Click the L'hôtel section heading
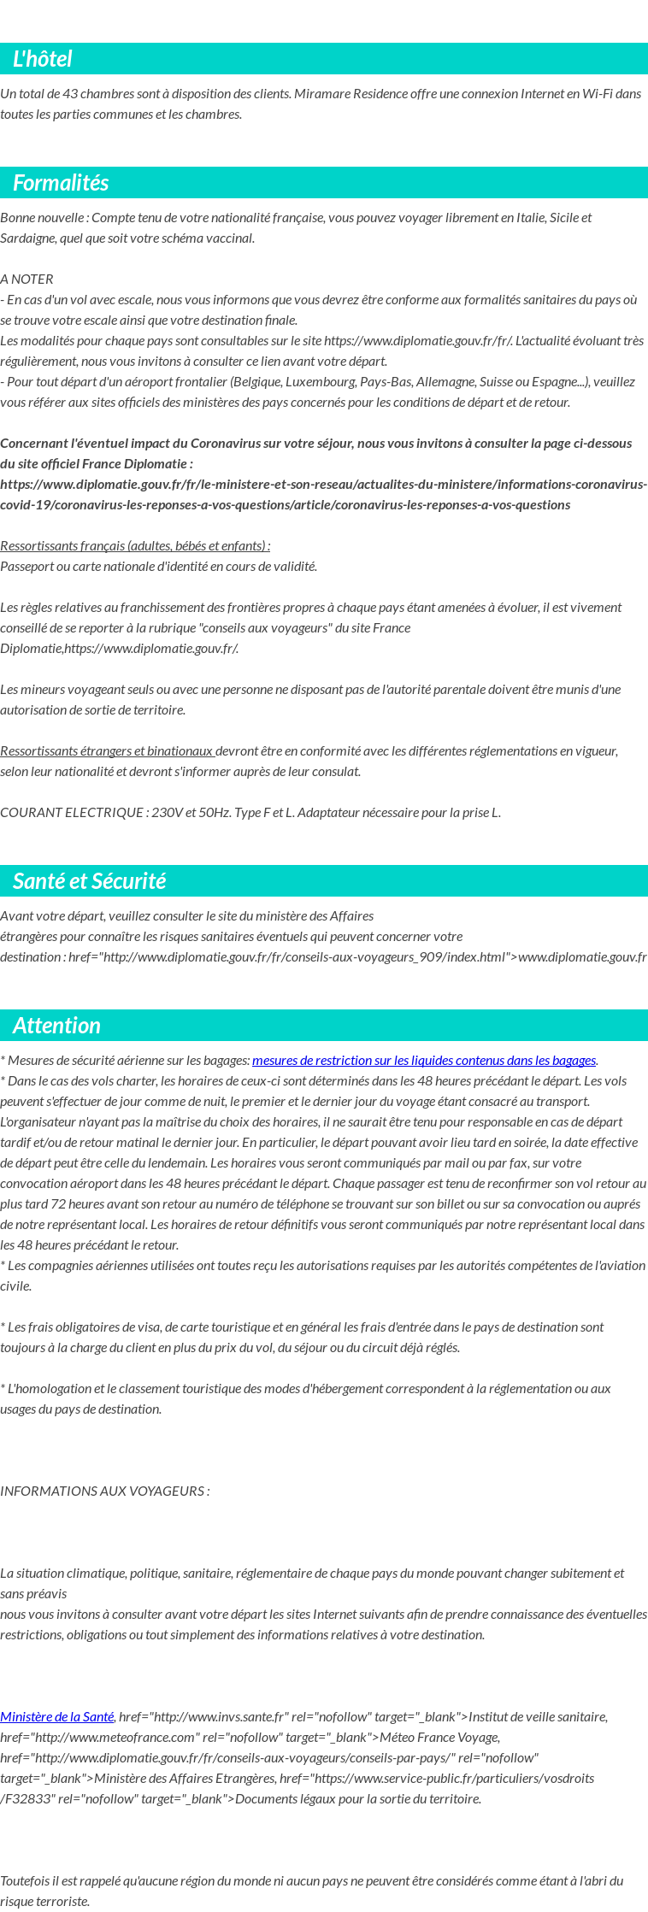(43, 59)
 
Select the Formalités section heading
(61, 183)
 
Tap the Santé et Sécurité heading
(89, 881)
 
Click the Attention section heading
(56, 1026)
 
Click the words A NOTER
(27, 279)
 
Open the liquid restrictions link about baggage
(423, 1061)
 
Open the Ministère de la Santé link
(56, 1717)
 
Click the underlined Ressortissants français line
(135, 546)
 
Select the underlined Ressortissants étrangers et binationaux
(107, 751)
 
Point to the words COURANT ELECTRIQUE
(72, 813)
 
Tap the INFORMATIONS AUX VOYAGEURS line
(105, 1491)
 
